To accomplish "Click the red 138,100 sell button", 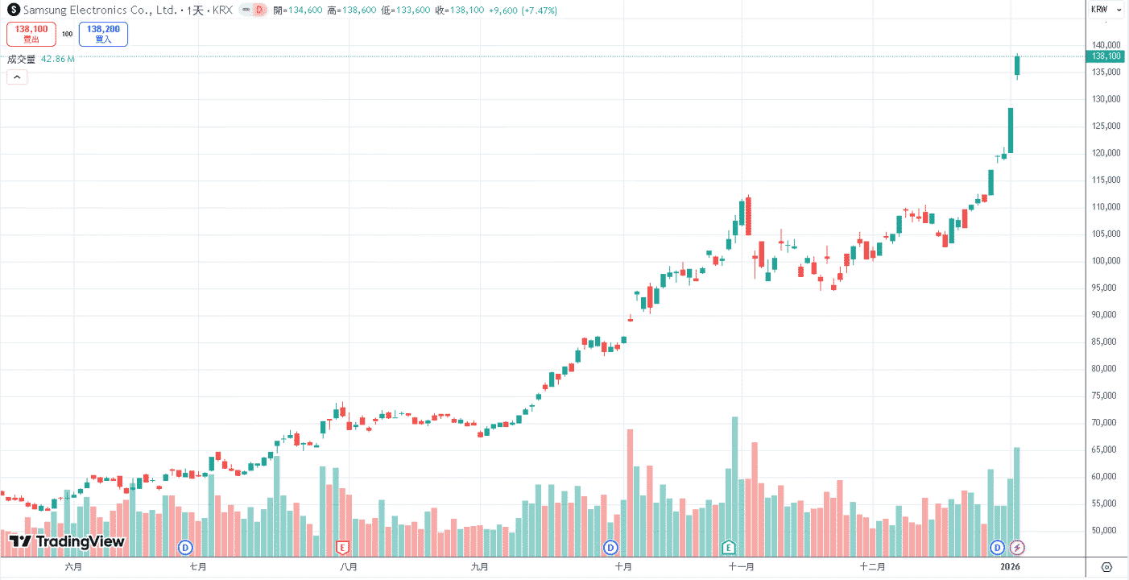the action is [31, 34].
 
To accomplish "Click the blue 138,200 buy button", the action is [103, 34].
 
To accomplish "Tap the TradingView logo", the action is [67, 541].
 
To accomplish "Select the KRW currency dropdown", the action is [1106, 10].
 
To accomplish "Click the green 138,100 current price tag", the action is [1106, 56].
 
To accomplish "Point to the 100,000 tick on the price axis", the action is [1106, 261].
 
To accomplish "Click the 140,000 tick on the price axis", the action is [1106, 45].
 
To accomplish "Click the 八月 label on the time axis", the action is [348, 567].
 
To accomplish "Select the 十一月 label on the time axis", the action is [742, 567].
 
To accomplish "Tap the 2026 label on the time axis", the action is [1010, 567].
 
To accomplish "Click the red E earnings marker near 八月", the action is [342, 547].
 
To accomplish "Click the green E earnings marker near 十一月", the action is [728, 547].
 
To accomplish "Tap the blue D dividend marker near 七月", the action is [185, 547].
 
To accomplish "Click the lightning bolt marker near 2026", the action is [1017, 547].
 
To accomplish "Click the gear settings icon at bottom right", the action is [1106, 567].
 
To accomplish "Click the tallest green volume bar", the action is [735, 487].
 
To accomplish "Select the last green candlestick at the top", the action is [1017, 66].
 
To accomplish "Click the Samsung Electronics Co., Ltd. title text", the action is [100, 10].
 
